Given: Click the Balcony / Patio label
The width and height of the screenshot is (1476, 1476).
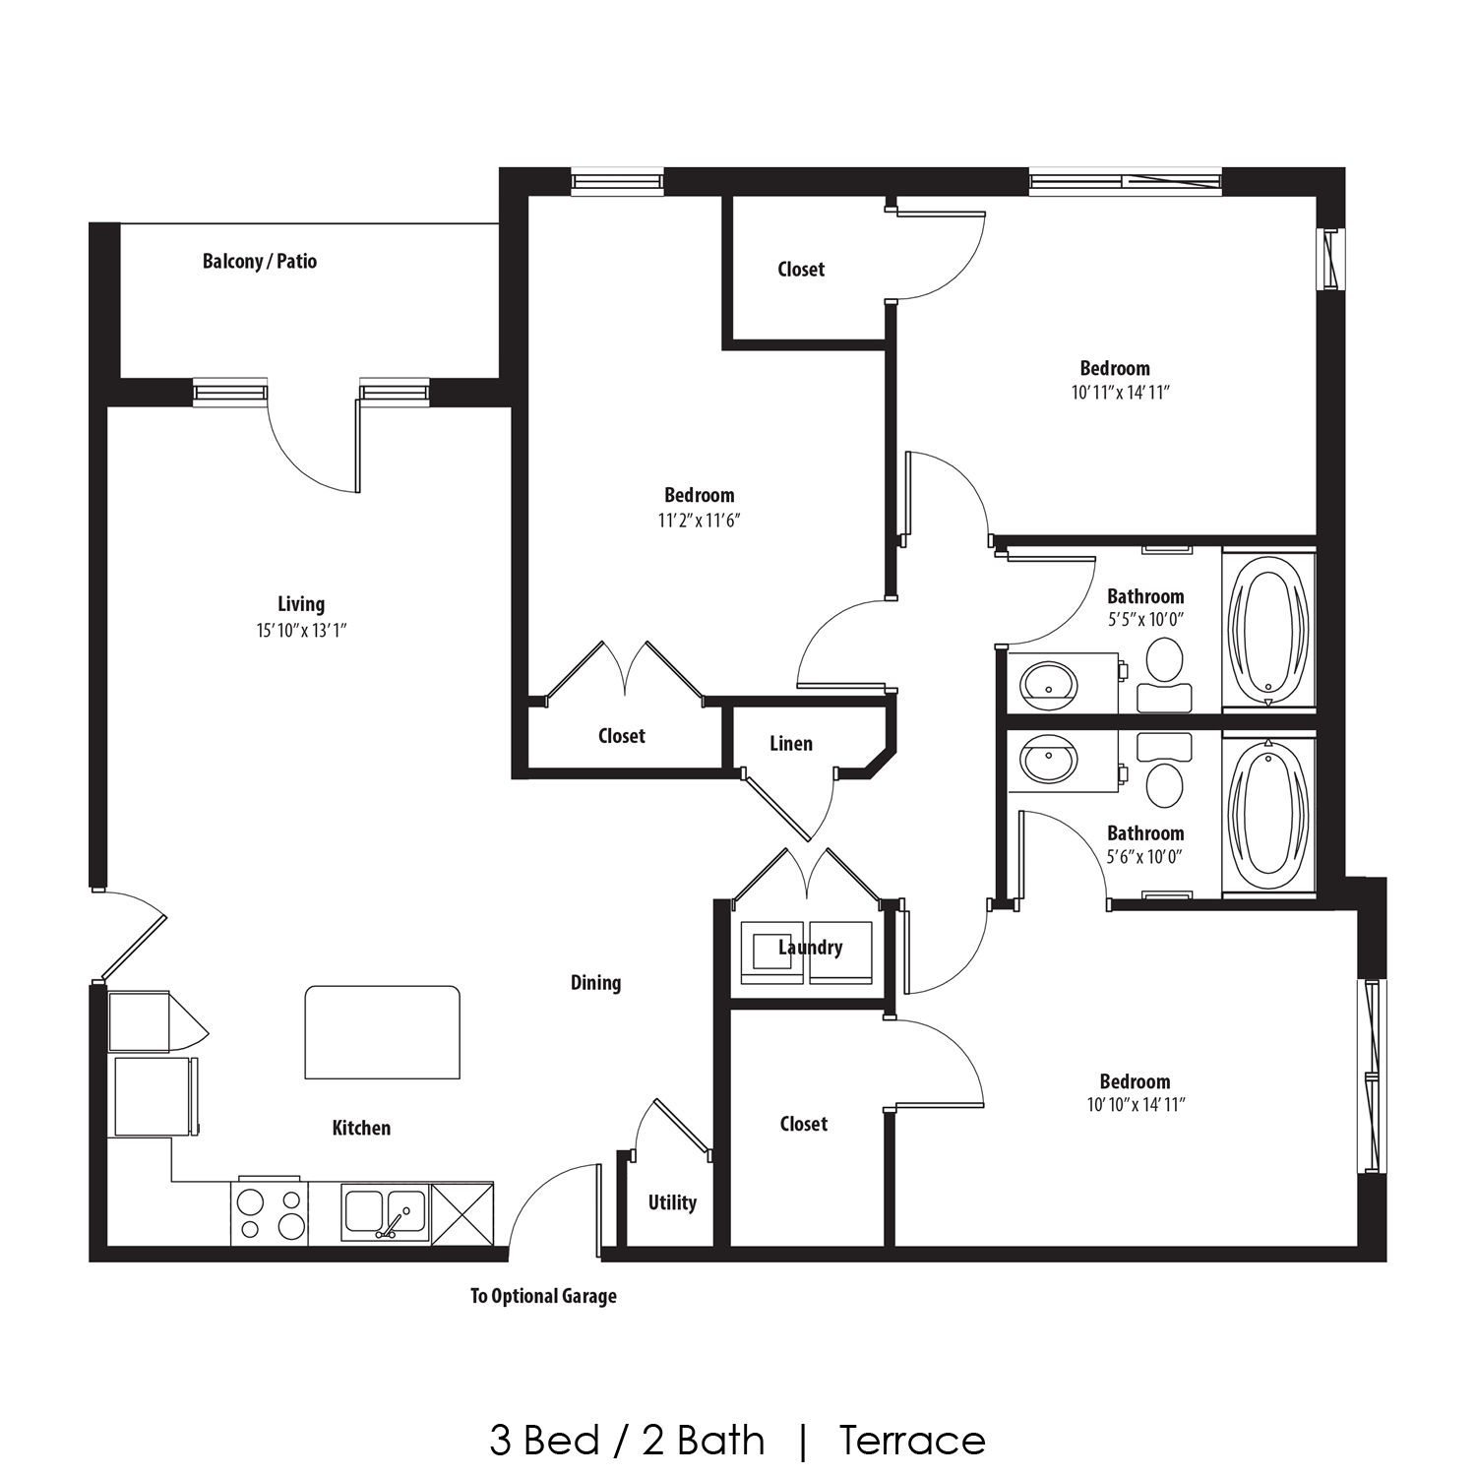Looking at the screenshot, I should pos(260,261).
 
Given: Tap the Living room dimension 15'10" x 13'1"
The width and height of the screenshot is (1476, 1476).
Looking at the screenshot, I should pos(301,630).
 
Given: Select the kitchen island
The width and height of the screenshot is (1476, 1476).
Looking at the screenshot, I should pos(382,1032).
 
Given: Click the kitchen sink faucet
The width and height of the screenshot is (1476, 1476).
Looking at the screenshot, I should pos(391,1224).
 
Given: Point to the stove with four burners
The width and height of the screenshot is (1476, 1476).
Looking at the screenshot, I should pos(270,1213).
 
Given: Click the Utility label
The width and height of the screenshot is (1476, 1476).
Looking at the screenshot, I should pos(672,1202).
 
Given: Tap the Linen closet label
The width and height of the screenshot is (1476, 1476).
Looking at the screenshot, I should pos(791,744).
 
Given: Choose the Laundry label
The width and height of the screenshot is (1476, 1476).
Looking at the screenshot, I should pos(810,948).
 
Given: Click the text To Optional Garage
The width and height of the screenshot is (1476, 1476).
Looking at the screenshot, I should pos(543,1296).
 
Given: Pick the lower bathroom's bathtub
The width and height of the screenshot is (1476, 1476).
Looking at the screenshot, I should pos(1268,815).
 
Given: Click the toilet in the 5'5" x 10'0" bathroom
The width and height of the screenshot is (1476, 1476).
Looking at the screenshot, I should pos(1165,661).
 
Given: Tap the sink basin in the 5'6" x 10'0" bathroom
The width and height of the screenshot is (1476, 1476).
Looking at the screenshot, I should pos(1049,762).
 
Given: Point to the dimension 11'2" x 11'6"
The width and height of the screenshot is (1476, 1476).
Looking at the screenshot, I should pos(699,520).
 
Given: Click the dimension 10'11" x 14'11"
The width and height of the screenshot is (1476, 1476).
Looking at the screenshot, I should pos(1120,393).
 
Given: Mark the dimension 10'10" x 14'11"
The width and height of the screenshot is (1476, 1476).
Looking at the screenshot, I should pos(1136,1105).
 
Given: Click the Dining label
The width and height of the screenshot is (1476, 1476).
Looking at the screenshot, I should pos(595,982).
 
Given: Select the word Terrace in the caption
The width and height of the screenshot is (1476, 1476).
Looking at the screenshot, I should pos(912,1441).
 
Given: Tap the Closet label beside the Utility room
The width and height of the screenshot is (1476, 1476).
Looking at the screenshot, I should pos(803,1124).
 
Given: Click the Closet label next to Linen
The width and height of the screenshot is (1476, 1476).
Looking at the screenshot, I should pos(622,736).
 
